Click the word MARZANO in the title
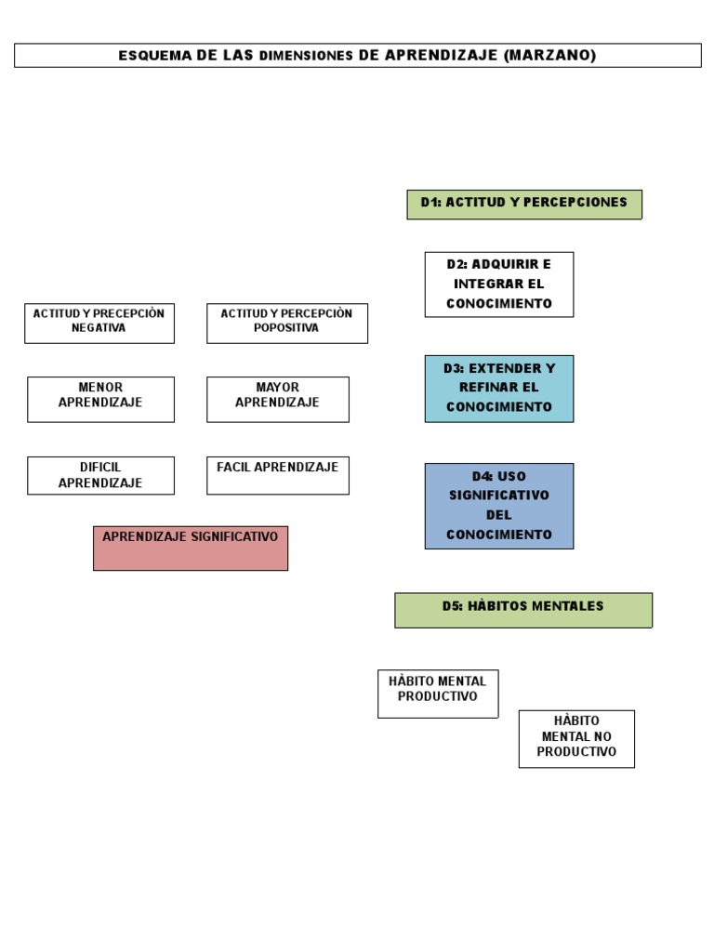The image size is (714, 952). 549,56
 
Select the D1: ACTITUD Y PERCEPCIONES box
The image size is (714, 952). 524,204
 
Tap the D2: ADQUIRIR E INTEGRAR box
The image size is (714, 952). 499,284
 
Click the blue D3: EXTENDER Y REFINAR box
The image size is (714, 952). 499,389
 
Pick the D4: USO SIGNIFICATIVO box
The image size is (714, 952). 499,506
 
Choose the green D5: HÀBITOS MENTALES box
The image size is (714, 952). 523,610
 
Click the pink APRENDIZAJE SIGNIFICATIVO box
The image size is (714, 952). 191,548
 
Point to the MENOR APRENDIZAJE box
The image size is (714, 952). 100,399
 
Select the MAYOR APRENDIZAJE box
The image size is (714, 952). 278,399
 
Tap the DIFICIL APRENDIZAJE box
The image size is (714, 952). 100,475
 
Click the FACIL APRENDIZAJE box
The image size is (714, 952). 278,475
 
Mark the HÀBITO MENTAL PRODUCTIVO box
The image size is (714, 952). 438,694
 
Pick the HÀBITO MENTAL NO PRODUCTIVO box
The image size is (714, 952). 576,739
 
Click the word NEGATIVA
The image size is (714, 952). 99,328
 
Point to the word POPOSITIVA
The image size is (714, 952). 286,328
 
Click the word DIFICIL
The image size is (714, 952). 100,467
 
